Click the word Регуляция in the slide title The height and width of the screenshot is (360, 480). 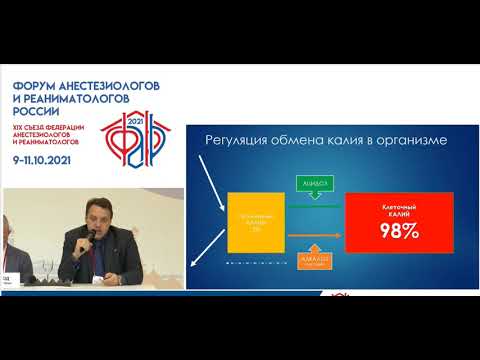click(x=241, y=140)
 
